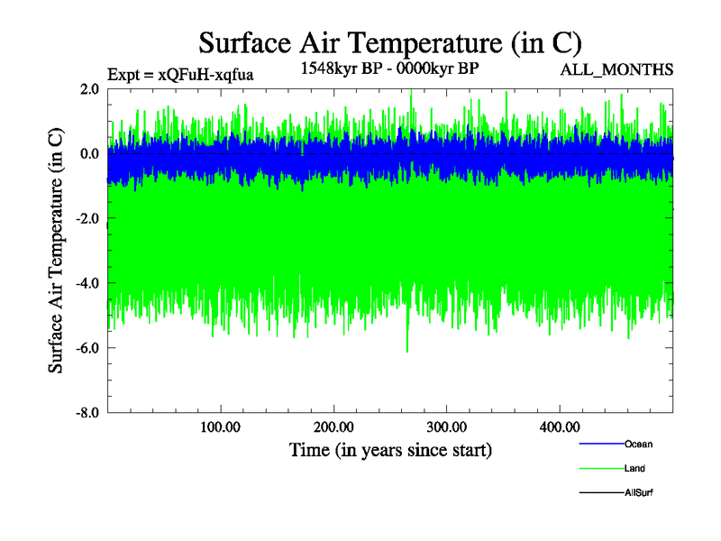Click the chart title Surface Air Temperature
390,42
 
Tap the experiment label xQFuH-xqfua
180,74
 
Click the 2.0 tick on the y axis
88,88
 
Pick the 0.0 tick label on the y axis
88,153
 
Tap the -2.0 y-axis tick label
87,218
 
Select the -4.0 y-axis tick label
87,283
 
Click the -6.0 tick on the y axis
87,348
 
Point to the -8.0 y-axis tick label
87,413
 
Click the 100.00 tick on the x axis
220,426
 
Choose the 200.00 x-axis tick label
333,426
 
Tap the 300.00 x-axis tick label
446,426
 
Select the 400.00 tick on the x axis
559,426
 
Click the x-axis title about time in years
390,449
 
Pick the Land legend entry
634,468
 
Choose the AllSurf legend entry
639,493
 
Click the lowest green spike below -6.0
407,351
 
